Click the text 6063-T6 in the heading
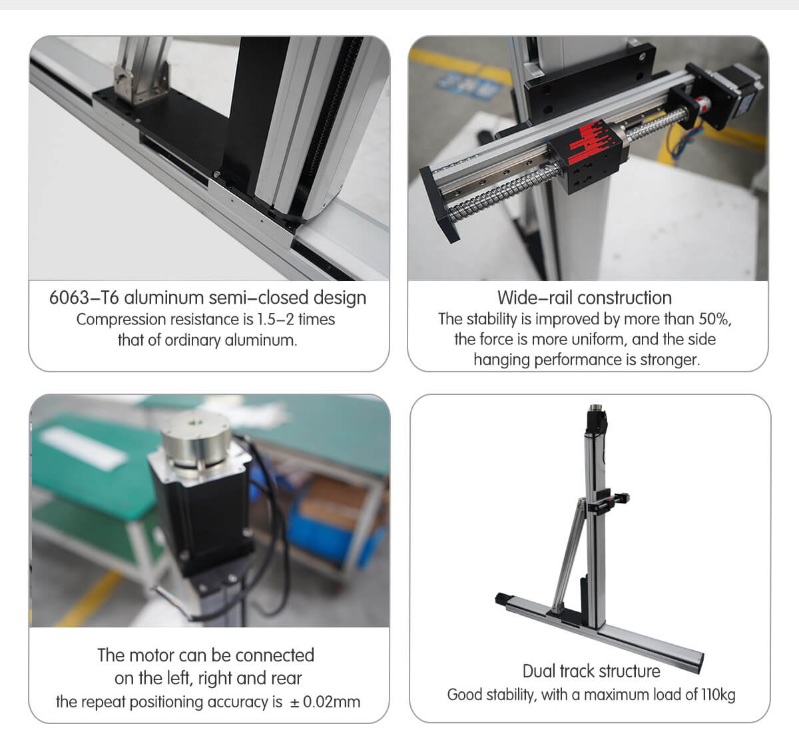pos(84,297)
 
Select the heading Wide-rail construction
pos(584,297)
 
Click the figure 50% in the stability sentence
pos(714,318)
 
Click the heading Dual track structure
pos(591,671)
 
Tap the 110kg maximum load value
pos(718,695)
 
